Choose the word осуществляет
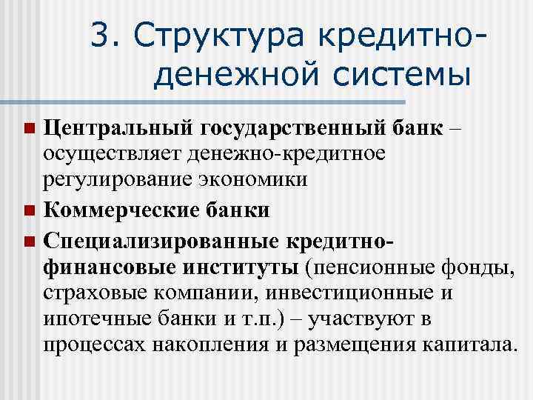[x=112, y=154]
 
